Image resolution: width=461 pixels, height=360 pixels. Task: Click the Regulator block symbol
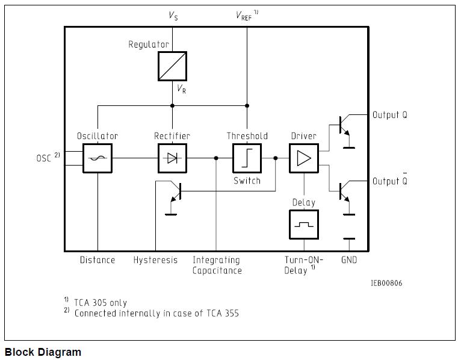click(x=172, y=66)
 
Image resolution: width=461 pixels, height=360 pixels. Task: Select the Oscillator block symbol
click(x=97, y=158)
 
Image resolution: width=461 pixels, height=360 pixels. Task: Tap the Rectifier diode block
click(x=172, y=158)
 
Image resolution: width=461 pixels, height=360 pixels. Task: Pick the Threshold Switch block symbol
click(x=247, y=158)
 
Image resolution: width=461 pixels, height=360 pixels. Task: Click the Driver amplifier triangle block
click(x=304, y=158)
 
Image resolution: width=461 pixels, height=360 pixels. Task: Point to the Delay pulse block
click(x=304, y=225)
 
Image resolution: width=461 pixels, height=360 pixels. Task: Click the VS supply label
click(x=173, y=16)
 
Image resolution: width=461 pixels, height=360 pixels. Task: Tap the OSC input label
click(x=45, y=158)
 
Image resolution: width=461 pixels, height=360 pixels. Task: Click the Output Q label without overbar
click(x=389, y=115)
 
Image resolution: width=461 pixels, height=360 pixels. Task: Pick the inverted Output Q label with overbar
click(x=389, y=181)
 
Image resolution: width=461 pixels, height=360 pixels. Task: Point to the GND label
click(x=349, y=260)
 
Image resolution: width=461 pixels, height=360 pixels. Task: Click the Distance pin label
click(x=97, y=260)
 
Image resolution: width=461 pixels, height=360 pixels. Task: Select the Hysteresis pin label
click(x=155, y=260)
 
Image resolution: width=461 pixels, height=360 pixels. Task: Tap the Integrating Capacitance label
click(x=217, y=265)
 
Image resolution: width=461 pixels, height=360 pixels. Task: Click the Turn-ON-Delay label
click(x=303, y=265)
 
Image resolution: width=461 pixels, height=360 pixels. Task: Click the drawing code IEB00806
click(x=386, y=283)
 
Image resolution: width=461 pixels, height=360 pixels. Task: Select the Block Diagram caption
click(x=43, y=352)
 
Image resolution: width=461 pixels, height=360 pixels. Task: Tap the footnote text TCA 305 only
click(x=101, y=302)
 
